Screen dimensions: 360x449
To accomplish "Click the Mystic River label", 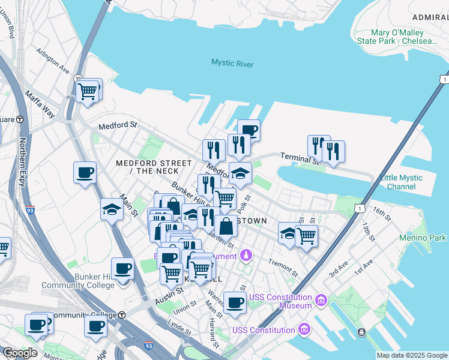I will point(232,64).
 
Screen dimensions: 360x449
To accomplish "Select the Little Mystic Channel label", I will point(402,182).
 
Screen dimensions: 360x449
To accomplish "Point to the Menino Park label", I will point(423,238).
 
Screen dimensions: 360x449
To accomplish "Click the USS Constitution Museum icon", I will point(321,299).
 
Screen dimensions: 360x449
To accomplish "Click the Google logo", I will point(19,353).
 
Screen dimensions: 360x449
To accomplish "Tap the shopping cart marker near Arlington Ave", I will point(88,91).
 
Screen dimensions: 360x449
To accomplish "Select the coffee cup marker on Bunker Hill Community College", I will point(123,269).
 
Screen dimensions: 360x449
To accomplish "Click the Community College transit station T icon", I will point(122,315).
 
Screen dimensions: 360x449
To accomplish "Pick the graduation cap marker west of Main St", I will point(112,209).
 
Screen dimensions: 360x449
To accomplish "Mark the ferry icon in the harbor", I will point(361,332).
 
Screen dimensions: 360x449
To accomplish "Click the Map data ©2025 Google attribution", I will point(412,355).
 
